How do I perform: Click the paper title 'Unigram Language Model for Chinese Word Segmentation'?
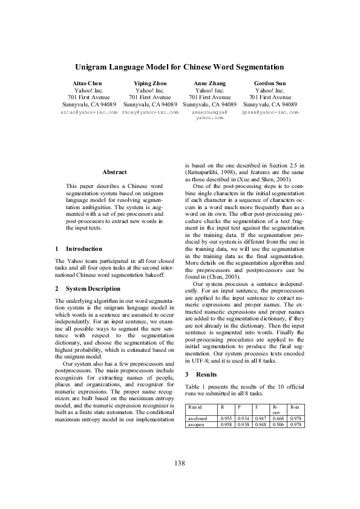coord(180,67)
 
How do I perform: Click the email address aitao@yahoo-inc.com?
coord(89,112)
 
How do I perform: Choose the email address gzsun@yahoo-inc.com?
coord(270,112)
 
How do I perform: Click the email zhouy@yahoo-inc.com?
coord(149,112)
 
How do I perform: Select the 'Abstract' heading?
coord(114,172)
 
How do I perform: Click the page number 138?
coord(180,462)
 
